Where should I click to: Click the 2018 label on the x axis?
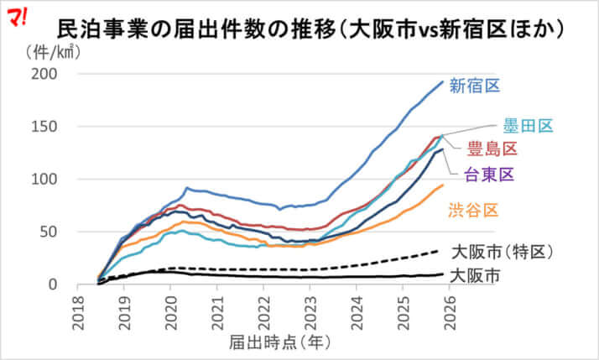(x=77, y=309)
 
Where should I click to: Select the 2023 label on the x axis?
(x=310, y=309)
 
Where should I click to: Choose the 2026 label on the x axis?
(x=449, y=309)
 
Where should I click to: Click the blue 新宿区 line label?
(x=474, y=86)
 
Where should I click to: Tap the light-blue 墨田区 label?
(x=528, y=126)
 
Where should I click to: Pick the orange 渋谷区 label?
(x=475, y=209)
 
